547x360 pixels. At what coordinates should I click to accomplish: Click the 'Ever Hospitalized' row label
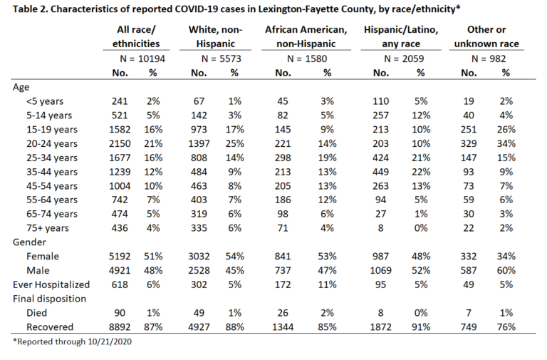[51, 284]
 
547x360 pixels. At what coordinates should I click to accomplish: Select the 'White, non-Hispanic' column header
[215, 36]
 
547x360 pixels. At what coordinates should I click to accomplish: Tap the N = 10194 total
[142, 58]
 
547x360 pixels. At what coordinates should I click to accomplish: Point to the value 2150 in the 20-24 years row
[120, 143]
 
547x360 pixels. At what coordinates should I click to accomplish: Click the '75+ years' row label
[48, 228]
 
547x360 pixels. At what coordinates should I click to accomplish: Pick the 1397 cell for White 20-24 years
[199, 143]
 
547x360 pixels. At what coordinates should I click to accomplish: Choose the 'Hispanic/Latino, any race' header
[401, 36]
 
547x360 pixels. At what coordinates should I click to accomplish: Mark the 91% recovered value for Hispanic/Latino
[421, 327]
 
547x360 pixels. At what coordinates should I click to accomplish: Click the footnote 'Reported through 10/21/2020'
[72, 341]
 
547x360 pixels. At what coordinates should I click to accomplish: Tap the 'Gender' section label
[29, 242]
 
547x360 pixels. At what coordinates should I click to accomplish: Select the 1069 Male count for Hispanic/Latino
[380, 271]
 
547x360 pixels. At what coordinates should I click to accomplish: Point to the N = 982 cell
[489, 58]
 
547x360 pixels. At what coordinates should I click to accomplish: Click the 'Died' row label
[36, 313]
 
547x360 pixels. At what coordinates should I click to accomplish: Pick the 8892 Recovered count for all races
[120, 327]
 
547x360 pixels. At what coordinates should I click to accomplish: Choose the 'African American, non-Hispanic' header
[306, 36]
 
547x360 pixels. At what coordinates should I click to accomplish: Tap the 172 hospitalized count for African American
[283, 284]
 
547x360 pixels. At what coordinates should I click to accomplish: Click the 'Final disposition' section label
[50, 299]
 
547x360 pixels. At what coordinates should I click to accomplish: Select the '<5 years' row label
[45, 101]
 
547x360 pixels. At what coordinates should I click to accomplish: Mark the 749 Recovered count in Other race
[469, 327]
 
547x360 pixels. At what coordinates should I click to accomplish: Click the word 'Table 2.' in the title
[31, 9]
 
